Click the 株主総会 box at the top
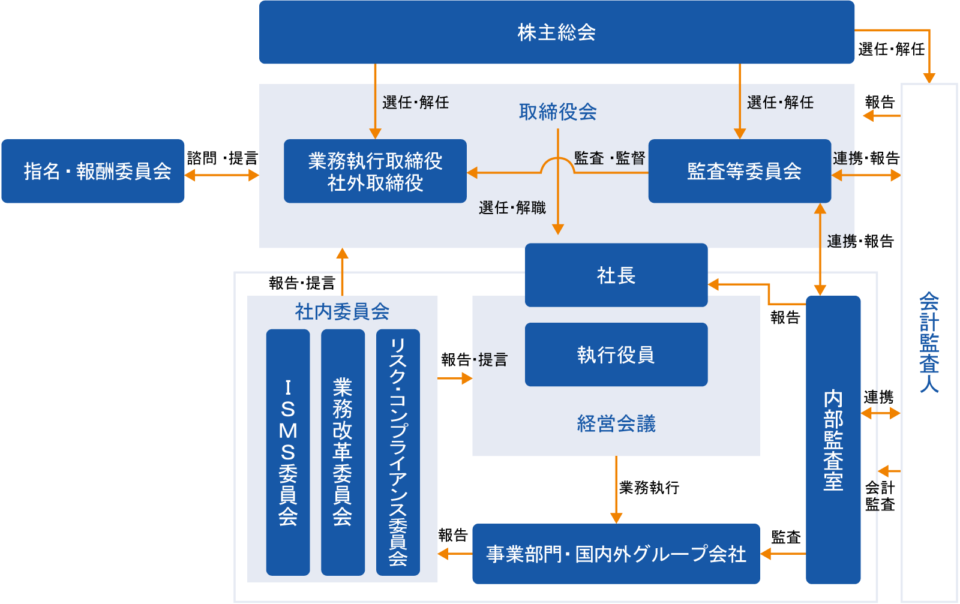point(556,32)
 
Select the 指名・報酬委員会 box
point(93,172)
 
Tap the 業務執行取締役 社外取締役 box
point(375,172)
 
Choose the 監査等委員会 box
point(739,172)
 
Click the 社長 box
point(616,275)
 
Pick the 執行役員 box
point(616,354)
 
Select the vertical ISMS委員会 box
point(288,452)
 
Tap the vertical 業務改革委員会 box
point(343,452)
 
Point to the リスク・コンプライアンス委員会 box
point(398,452)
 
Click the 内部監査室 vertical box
point(833,440)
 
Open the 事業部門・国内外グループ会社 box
point(616,554)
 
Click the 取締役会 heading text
point(557,112)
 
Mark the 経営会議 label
point(616,423)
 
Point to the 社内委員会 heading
point(342,311)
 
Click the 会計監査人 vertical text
point(929,342)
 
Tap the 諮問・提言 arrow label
point(222,158)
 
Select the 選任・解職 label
point(512,208)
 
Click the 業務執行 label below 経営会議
point(649,488)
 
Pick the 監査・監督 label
point(609,158)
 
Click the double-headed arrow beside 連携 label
point(881,413)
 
